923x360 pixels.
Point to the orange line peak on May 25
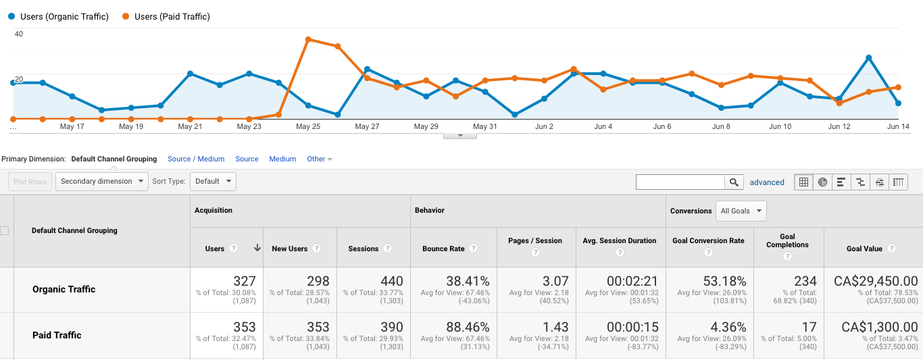308,39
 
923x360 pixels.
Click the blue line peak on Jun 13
869,57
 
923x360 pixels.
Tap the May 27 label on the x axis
367,126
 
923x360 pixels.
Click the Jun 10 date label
780,126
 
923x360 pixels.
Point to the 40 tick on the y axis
19,34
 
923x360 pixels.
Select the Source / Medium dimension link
196,159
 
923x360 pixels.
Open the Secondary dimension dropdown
102,181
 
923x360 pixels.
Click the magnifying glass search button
733,182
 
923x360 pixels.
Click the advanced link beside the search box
767,182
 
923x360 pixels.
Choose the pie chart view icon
822,182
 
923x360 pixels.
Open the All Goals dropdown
741,211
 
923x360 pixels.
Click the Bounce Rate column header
443,249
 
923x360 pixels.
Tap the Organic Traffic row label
64,289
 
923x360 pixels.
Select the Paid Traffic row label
57,335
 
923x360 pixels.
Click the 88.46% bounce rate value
468,328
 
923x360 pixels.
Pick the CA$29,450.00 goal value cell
875,282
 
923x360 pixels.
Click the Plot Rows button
30,181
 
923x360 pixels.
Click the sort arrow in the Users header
257,248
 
